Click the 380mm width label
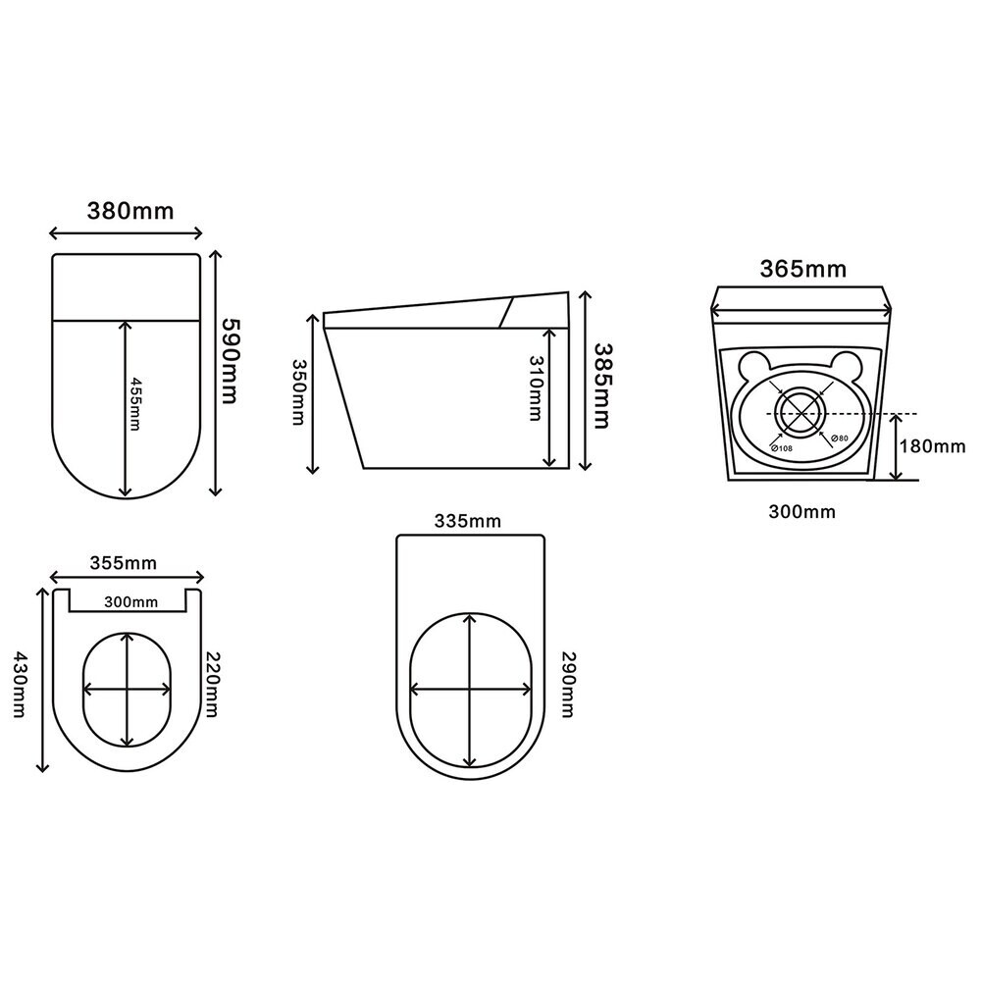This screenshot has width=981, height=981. (130, 212)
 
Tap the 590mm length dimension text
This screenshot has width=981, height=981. (231, 361)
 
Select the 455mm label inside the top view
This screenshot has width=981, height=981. (134, 403)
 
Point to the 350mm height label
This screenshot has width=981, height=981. (298, 391)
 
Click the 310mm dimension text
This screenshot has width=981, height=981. (535, 387)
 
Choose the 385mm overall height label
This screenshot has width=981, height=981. (601, 386)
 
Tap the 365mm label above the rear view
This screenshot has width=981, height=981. (803, 269)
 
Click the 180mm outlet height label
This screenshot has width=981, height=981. (932, 446)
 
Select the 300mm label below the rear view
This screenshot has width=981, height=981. (802, 512)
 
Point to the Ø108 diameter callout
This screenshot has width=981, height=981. (782, 448)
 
